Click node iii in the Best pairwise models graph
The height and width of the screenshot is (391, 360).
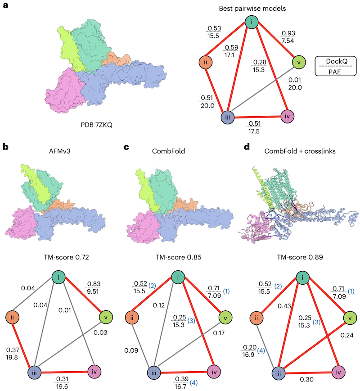tap(229, 118)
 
